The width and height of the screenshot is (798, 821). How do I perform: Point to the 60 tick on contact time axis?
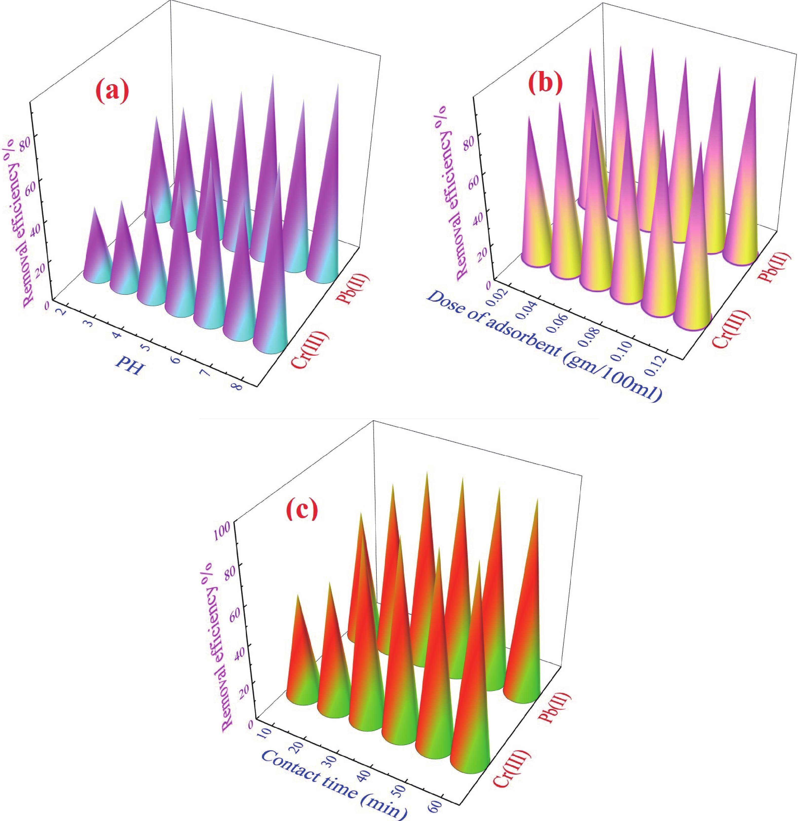[435, 805]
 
